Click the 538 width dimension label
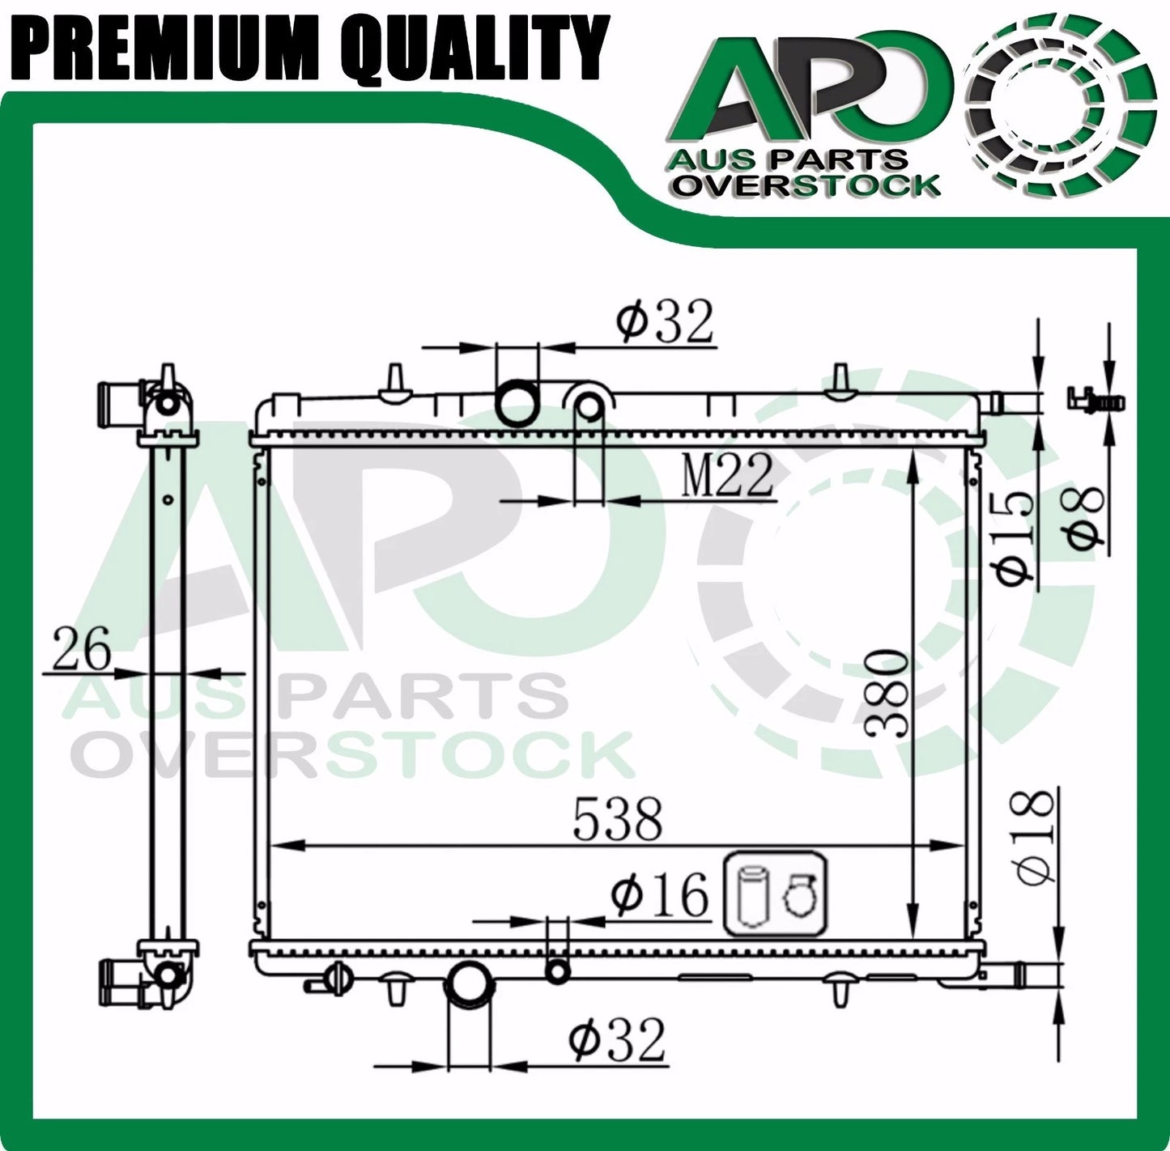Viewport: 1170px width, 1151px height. [618, 819]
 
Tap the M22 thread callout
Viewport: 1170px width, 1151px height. [727, 474]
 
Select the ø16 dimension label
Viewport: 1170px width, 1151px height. [660, 895]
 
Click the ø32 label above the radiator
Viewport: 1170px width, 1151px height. [664, 322]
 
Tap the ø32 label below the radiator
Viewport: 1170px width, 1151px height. [617, 1041]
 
